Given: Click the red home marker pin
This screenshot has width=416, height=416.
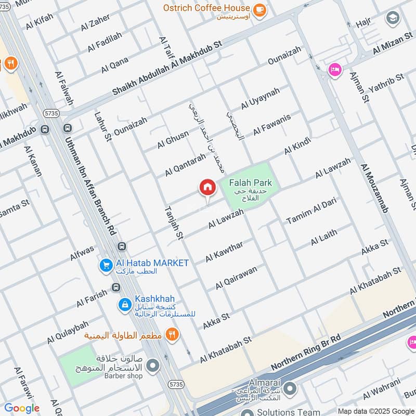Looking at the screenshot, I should (207, 188).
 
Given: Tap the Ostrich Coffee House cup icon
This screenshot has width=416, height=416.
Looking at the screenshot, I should (258, 9).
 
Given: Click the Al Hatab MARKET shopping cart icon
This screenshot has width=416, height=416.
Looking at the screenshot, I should (106, 265).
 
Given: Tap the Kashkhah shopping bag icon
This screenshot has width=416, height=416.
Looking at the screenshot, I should (124, 304).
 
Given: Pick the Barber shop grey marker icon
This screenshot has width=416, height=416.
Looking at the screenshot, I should (152, 367).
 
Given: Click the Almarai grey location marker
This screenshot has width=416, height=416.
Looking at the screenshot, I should (290, 388).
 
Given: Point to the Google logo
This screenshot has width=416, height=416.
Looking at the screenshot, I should (22, 408).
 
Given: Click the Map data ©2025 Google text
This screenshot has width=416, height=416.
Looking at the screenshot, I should (375, 411).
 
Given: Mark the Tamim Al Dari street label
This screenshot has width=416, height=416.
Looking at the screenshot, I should (311, 211).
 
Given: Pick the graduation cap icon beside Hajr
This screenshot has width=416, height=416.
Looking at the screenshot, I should (393, 19).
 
